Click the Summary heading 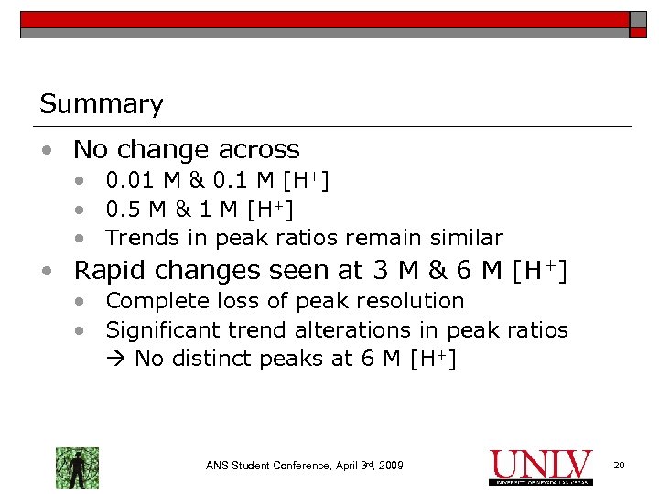(x=101, y=104)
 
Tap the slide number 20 (x=619, y=467)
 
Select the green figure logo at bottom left (x=77, y=467)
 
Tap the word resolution (x=407, y=301)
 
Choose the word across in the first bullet (x=264, y=149)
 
